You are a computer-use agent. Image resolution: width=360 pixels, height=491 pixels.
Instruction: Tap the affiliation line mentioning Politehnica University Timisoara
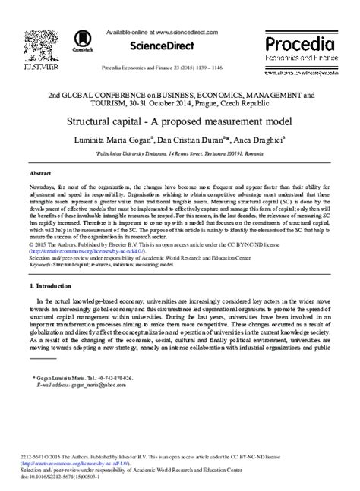pos(179,153)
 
